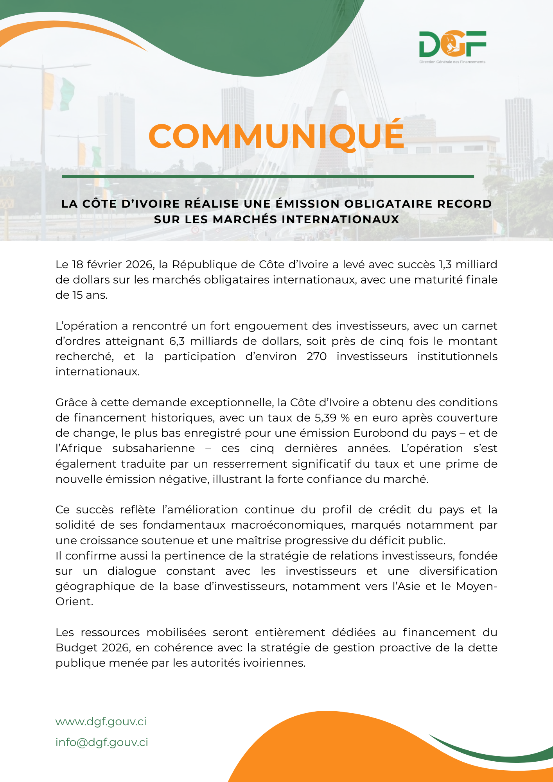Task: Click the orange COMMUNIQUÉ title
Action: click(276, 136)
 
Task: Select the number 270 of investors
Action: click(316, 357)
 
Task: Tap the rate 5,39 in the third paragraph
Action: click(325, 418)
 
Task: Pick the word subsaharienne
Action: click(153, 448)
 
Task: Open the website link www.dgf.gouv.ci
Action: click(101, 722)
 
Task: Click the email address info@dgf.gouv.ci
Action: click(102, 743)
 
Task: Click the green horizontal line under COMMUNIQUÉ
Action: click(268, 177)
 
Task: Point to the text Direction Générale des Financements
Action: click(452, 62)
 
